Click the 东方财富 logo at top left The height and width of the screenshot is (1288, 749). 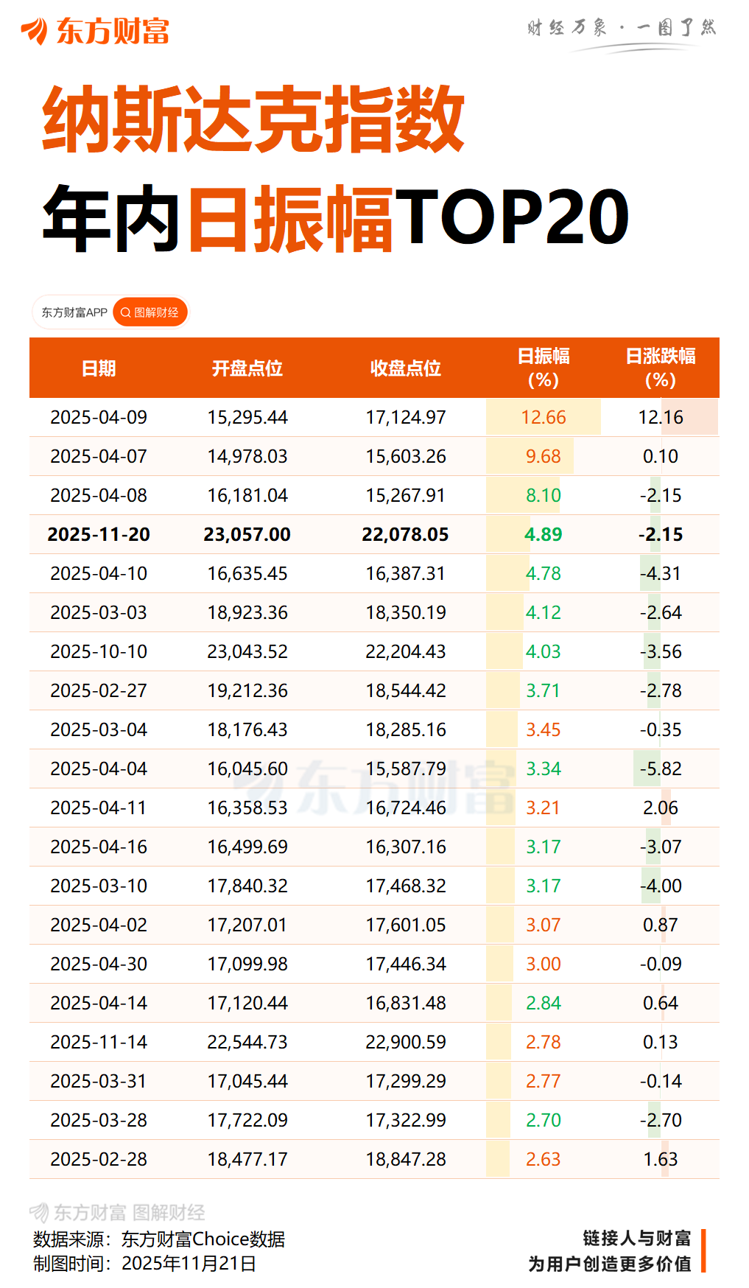(96, 31)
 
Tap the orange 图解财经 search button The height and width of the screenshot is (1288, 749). (150, 312)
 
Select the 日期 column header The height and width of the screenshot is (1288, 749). (99, 368)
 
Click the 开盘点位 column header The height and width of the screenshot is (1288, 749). (247, 368)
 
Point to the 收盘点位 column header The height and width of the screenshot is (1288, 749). (406, 368)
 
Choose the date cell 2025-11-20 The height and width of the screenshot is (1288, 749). (99, 534)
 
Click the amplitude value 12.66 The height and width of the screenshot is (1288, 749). (544, 417)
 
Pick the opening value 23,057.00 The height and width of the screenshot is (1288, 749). (247, 534)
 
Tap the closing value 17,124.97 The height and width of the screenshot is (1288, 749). (406, 417)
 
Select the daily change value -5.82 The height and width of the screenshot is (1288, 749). (661, 769)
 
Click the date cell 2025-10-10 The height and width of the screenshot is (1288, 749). (99, 651)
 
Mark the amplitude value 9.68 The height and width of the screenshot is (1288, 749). (544, 456)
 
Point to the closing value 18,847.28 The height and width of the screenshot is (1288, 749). (406, 1159)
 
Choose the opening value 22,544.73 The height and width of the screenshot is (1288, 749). (247, 1042)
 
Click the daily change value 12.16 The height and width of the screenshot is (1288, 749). (661, 417)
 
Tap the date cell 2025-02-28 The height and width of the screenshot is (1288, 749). (99, 1159)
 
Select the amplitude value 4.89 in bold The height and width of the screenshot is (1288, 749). (544, 534)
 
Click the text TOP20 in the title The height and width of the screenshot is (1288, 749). (513, 217)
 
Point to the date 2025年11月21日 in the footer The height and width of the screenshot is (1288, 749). (189, 1264)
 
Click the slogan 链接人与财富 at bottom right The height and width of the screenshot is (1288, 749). (636, 1238)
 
